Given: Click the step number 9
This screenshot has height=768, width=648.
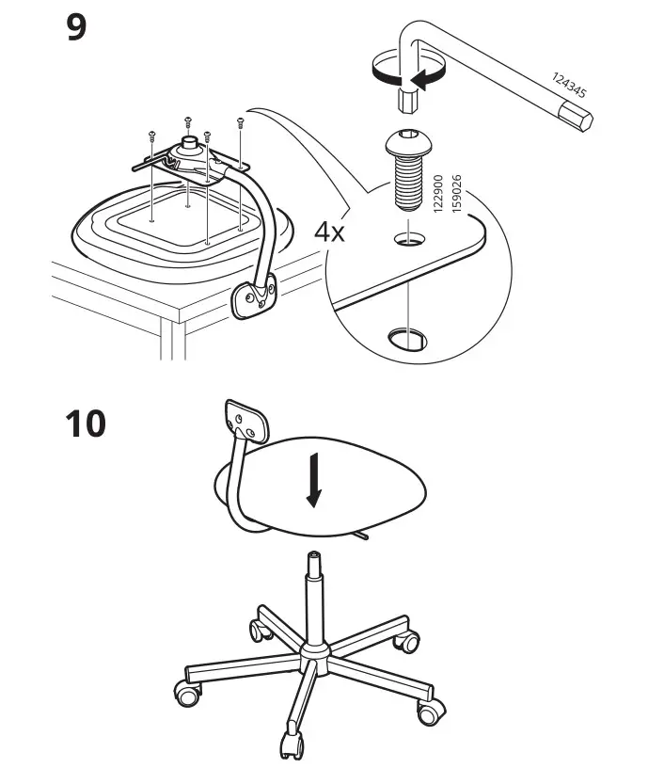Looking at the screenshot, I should [76, 27].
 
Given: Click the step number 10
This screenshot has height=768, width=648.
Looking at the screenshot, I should [87, 424].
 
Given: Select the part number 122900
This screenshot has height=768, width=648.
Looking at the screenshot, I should [438, 196].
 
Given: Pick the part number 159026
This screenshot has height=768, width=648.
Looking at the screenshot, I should [457, 196].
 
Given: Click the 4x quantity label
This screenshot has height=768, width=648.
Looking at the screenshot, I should [330, 231].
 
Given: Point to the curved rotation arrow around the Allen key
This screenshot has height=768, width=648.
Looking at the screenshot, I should [395, 75].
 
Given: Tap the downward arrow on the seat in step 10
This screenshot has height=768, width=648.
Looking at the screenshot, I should [313, 483].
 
